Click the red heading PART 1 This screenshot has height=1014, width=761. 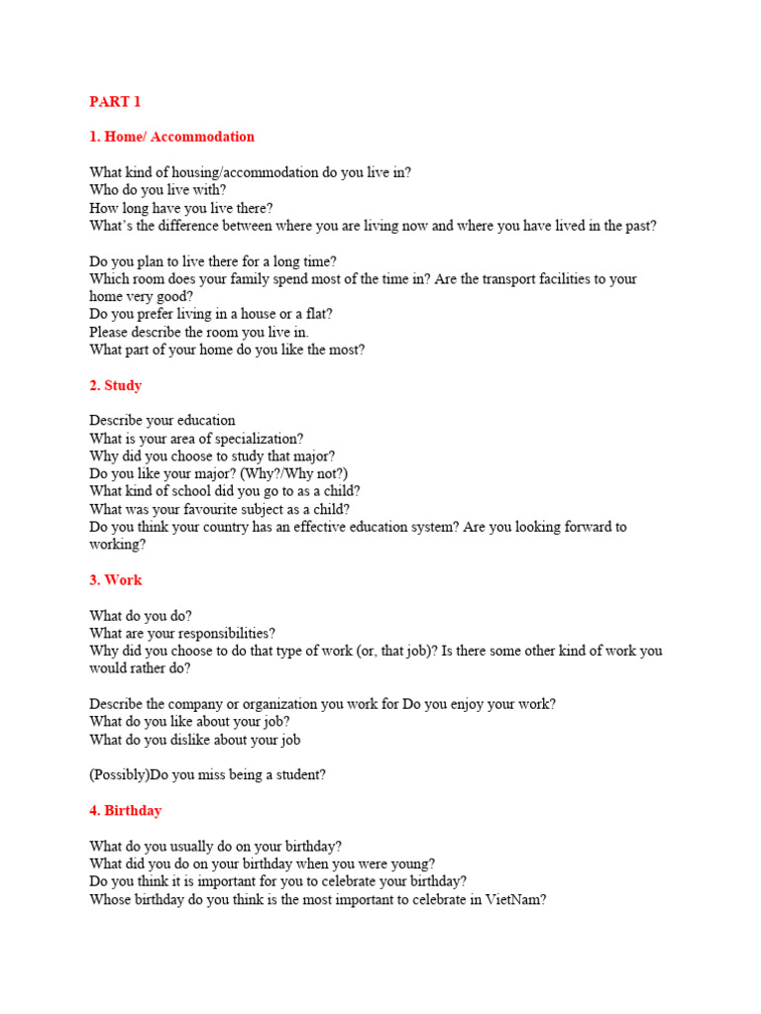pyautogui.click(x=115, y=101)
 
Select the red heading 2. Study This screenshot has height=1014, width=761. pyautogui.click(x=115, y=385)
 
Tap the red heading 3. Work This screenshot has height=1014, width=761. pyautogui.click(x=115, y=580)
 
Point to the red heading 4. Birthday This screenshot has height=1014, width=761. pyautogui.click(x=125, y=810)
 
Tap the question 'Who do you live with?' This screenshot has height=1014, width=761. pyautogui.click(x=158, y=190)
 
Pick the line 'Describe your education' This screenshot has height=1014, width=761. pyautogui.click(x=163, y=420)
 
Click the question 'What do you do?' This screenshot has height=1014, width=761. pyautogui.click(x=141, y=615)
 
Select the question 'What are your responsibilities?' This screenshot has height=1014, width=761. pyautogui.click(x=182, y=633)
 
